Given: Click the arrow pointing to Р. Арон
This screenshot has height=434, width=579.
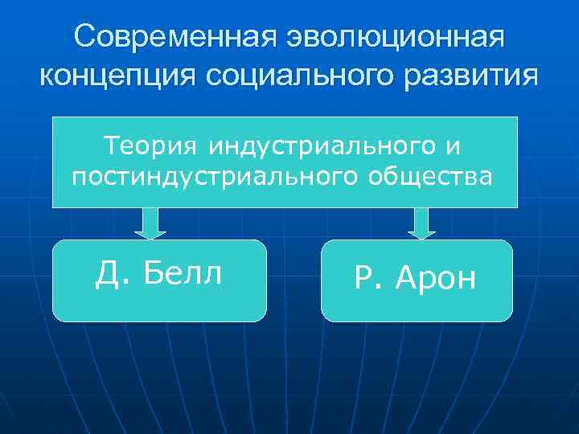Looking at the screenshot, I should (x=421, y=223).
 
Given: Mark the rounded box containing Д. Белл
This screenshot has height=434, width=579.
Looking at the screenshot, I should (x=159, y=280).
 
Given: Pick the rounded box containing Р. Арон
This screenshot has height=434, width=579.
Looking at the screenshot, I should (x=417, y=280).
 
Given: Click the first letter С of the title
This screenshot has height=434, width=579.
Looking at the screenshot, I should (x=84, y=37).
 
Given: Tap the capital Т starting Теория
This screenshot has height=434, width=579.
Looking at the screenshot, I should (x=112, y=147).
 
